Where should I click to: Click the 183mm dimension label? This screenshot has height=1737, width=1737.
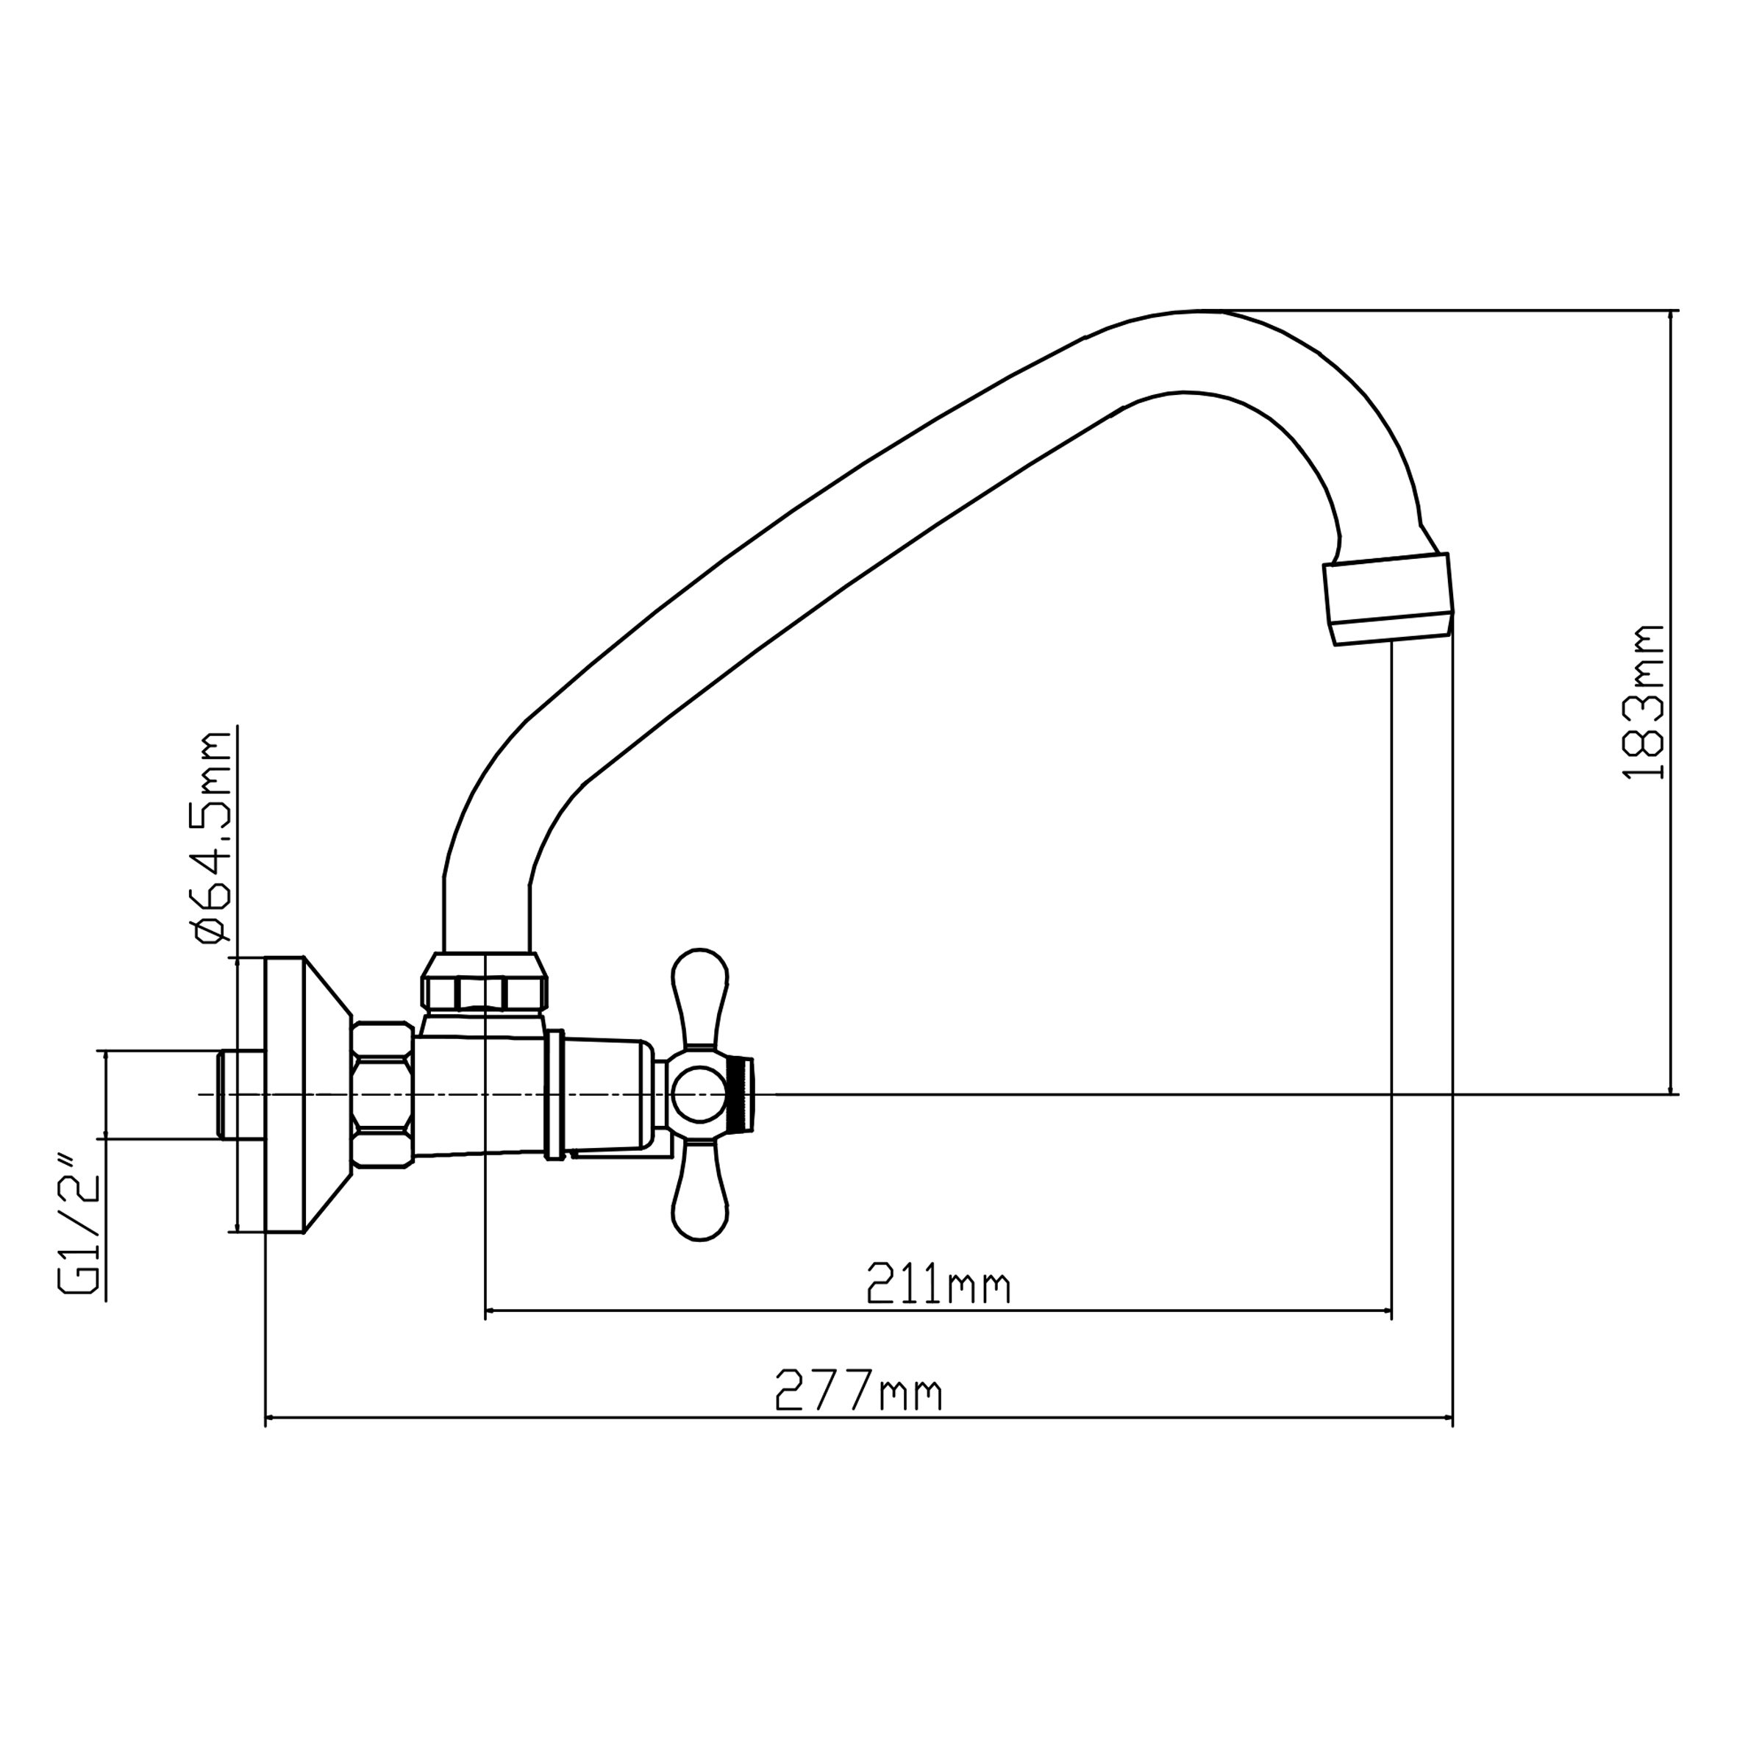coord(1644,702)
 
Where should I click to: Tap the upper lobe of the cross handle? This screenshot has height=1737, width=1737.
coord(699,996)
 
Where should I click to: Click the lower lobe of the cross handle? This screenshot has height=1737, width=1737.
coord(699,1193)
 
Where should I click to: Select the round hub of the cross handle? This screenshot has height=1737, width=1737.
coord(699,1095)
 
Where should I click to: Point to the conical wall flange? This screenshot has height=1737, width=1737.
coord(307,1094)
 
